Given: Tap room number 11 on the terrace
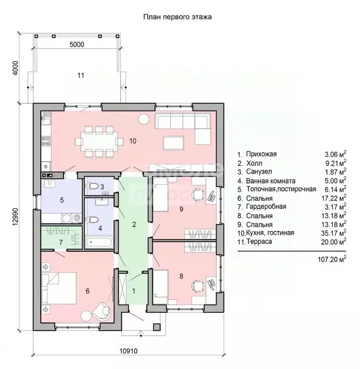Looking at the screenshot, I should click(x=81, y=75).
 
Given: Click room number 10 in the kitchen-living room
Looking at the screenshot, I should click(x=133, y=141).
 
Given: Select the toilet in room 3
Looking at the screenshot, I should click(x=94, y=187).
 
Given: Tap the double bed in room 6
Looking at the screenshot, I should click(x=59, y=288).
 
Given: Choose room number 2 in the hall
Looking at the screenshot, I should click(x=134, y=224).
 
